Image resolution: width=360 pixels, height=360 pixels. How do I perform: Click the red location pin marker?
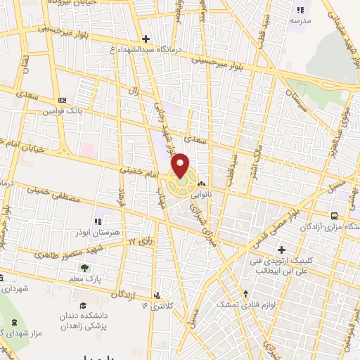181,166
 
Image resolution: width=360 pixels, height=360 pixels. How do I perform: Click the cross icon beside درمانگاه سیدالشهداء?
146,39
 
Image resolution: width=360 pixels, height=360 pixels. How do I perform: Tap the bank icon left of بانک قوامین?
62,100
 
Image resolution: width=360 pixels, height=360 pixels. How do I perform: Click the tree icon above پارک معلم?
85,268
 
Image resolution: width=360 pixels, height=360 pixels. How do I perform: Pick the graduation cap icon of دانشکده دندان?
83,304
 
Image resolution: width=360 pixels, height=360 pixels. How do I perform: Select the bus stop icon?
333,216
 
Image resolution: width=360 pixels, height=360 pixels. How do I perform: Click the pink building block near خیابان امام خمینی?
88,149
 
